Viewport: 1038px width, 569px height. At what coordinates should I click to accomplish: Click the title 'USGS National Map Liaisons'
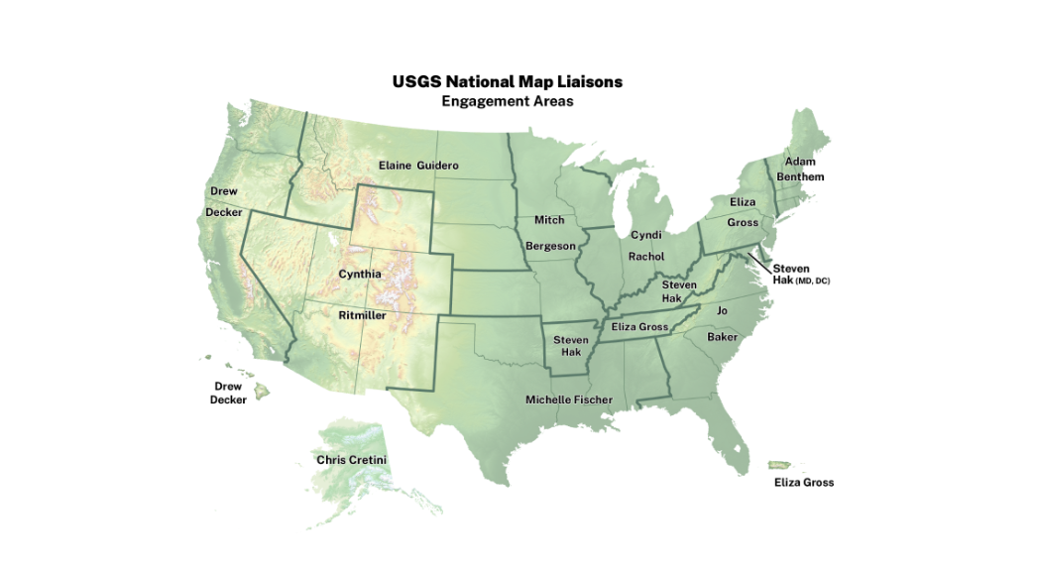[x=507, y=81]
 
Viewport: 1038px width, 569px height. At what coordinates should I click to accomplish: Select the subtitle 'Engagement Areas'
[x=507, y=101]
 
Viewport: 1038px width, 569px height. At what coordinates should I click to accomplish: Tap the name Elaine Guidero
[x=419, y=165]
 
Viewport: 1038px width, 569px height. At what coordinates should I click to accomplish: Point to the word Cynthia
[x=360, y=274]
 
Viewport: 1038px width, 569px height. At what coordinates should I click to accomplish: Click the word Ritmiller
[x=362, y=315]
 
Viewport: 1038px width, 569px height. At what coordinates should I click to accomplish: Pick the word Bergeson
[x=550, y=245]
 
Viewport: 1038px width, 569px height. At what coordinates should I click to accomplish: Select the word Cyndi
[x=645, y=235]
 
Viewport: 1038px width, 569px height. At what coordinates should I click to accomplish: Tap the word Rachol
[x=646, y=256]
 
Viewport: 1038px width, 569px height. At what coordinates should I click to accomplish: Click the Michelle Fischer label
[x=569, y=399]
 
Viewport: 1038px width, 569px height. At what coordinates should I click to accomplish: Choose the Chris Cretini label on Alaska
[x=351, y=460]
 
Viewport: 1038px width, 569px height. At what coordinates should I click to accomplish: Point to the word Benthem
[x=800, y=176]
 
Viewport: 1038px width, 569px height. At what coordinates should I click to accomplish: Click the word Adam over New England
[x=800, y=161]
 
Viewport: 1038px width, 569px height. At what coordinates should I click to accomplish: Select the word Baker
[x=722, y=337]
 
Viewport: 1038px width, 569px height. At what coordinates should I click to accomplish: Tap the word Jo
[x=722, y=310]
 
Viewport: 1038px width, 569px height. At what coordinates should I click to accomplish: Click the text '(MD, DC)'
[x=813, y=282]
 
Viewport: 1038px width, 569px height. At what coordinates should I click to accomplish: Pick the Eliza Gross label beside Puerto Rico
[x=804, y=483]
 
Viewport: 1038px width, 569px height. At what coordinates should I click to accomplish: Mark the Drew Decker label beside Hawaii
[x=228, y=394]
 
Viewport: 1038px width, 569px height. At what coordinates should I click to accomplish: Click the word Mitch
[x=549, y=219]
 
